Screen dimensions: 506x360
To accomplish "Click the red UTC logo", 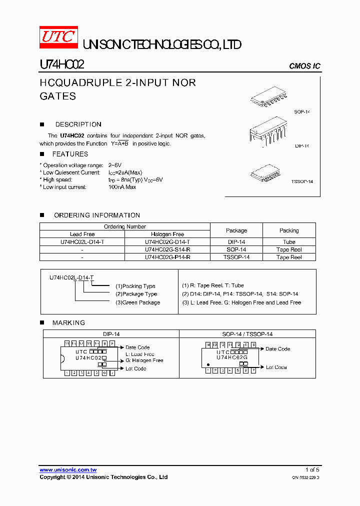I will pyautogui.click(x=58, y=37).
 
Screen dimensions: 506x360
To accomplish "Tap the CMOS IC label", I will pyautogui.click(x=304, y=66).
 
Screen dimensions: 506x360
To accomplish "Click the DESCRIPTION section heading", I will pyautogui.click(x=78, y=124).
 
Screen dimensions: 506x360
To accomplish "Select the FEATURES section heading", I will pyautogui.click(x=70, y=154).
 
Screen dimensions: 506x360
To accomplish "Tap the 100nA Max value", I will pyautogui.click(x=122, y=187).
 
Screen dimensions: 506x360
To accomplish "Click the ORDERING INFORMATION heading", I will pyautogui.click(x=97, y=215).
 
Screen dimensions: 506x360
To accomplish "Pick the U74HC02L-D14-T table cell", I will pyautogui.click(x=82, y=242).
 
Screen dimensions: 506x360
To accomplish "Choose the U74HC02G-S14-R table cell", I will pyautogui.click(x=167, y=249).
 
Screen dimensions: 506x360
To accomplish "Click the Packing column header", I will pyautogui.click(x=289, y=230).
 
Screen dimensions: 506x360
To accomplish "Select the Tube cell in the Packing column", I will pyautogui.click(x=289, y=242).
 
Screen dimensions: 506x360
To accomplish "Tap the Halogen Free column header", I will pyautogui.click(x=167, y=234).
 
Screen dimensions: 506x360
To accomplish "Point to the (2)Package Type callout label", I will pyautogui.click(x=136, y=294).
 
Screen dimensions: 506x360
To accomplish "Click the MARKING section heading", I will pyautogui.click(x=68, y=323).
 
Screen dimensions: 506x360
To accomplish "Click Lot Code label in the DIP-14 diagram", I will pyautogui.click(x=136, y=368).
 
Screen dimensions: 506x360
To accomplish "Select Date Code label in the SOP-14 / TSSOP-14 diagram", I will pyautogui.click(x=277, y=349).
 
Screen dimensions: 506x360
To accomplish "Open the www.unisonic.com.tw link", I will pyautogui.click(x=68, y=470).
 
